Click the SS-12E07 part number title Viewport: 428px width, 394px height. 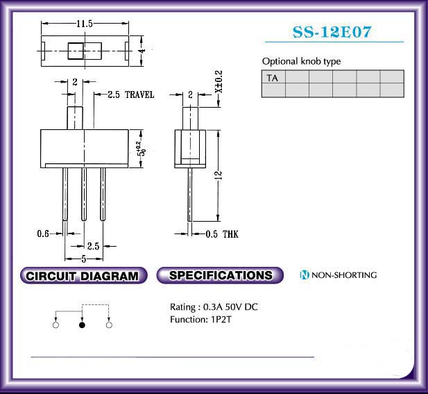click(332, 32)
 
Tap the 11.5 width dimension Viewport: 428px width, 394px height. click(85, 24)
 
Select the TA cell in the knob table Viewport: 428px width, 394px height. click(273, 77)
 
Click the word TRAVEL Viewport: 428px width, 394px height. click(139, 95)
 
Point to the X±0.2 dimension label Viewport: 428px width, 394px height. click(219, 82)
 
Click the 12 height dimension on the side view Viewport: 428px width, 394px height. click(219, 175)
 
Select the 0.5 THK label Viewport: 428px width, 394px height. click(222, 234)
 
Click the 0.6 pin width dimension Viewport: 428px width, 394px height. click(43, 233)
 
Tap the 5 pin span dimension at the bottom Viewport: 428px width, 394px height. click(84, 258)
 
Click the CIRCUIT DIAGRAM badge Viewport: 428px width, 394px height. click(83, 276)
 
